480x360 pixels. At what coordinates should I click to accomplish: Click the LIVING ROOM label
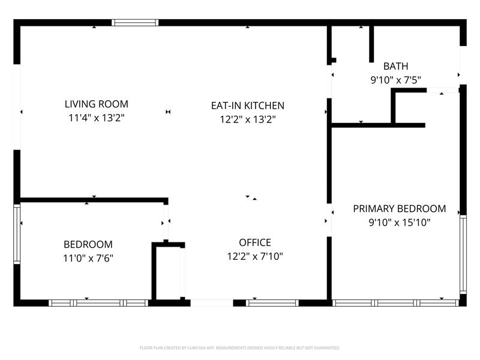click(x=97, y=104)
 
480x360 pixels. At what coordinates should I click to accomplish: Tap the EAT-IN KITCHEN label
click(x=247, y=106)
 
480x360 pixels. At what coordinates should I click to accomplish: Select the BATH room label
click(x=395, y=66)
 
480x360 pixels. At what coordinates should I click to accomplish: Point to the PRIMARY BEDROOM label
click(x=399, y=209)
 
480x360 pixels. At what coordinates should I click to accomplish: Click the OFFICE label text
click(x=255, y=243)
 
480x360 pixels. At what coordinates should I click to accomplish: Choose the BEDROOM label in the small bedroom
click(x=88, y=245)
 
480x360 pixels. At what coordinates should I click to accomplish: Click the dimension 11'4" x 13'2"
click(x=97, y=118)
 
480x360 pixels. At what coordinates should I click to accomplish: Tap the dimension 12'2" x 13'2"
click(x=247, y=119)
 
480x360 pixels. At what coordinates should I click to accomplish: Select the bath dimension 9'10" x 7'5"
click(x=395, y=79)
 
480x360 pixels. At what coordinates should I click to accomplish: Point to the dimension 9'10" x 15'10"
click(x=399, y=223)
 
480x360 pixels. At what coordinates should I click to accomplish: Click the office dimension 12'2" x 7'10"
click(x=255, y=257)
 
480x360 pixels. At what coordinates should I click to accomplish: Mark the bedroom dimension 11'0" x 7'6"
click(x=88, y=259)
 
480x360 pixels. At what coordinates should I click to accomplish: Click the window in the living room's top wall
click(x=135, y=23)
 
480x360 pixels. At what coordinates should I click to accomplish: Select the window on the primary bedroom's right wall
click(x=463, y=254)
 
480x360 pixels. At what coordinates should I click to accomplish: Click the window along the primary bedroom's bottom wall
click(x=396, y=303)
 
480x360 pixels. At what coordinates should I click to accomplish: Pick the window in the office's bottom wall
click(x=272, y=303)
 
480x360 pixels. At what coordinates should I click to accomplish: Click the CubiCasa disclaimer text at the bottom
click(x=240, y=347)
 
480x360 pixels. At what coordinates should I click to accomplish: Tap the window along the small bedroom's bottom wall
click(x=98, y=303)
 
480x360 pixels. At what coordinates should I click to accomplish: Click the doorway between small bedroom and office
click(x=166, y=222)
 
